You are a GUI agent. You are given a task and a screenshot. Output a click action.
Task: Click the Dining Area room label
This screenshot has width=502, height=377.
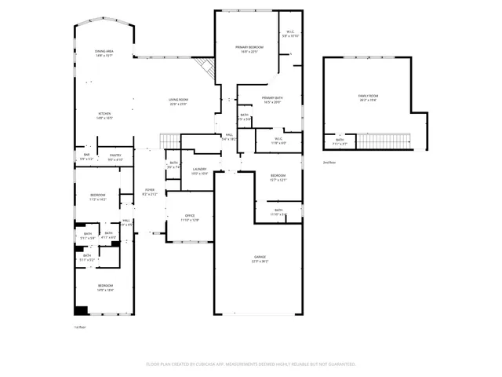click(105, 51)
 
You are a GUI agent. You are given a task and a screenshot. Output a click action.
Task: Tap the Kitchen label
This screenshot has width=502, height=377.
click(105, 114)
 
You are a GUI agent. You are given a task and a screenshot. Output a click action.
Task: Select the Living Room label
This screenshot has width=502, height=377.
click(178, 100)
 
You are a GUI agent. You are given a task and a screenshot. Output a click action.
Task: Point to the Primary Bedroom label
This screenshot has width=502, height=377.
click(249, 47)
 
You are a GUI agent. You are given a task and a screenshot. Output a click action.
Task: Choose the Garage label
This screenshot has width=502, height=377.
click(259, 257)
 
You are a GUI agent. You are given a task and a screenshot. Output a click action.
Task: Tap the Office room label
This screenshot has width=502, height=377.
click(189, 215)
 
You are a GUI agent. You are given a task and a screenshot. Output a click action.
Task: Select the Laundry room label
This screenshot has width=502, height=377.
click(200, 169)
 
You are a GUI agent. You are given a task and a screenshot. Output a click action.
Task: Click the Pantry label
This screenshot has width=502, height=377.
click(115, 156)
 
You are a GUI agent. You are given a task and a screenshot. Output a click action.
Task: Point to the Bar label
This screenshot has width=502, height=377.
click(86, 156)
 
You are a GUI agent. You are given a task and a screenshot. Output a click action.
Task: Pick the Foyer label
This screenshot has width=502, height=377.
click(148, 190)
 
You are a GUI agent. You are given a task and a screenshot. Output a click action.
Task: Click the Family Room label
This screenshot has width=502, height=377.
click(368, 96)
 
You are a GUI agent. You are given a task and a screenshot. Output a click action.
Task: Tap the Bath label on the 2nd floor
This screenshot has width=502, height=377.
click(340, 141)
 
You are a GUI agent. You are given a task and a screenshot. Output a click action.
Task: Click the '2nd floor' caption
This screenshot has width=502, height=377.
click(329, 163)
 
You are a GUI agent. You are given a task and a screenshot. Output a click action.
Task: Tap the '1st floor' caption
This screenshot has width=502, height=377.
click(79, 327)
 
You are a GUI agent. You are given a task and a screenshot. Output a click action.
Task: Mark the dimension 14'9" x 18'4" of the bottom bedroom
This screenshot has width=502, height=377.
click(105, 290)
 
